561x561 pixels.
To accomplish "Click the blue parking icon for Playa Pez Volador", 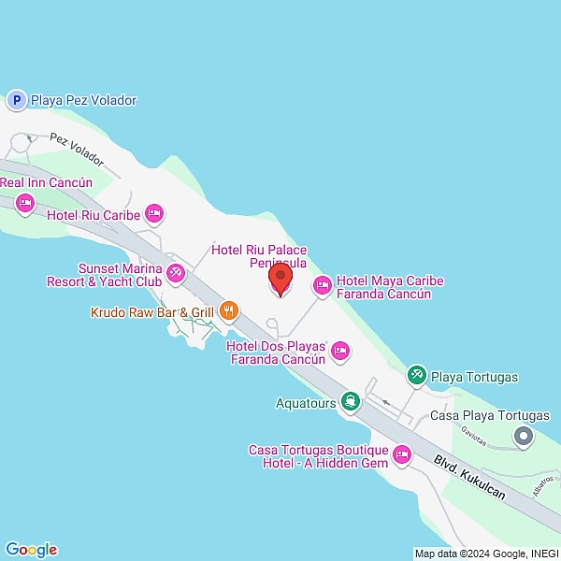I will (16, 99).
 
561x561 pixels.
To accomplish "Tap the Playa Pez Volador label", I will (83, 100).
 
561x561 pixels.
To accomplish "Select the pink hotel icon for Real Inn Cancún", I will (25, 202).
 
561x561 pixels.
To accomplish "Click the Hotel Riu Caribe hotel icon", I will (155, 215).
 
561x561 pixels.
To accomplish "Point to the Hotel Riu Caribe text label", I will (93, 215).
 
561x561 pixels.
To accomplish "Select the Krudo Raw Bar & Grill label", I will (152, 311).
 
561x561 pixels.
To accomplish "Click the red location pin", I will (279, 277).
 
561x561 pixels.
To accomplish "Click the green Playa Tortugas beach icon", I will (417, 376).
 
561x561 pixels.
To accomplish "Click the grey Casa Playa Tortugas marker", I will (524, 436).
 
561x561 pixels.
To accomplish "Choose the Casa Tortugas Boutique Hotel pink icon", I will (403, 455).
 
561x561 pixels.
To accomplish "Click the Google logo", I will (31, 550).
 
